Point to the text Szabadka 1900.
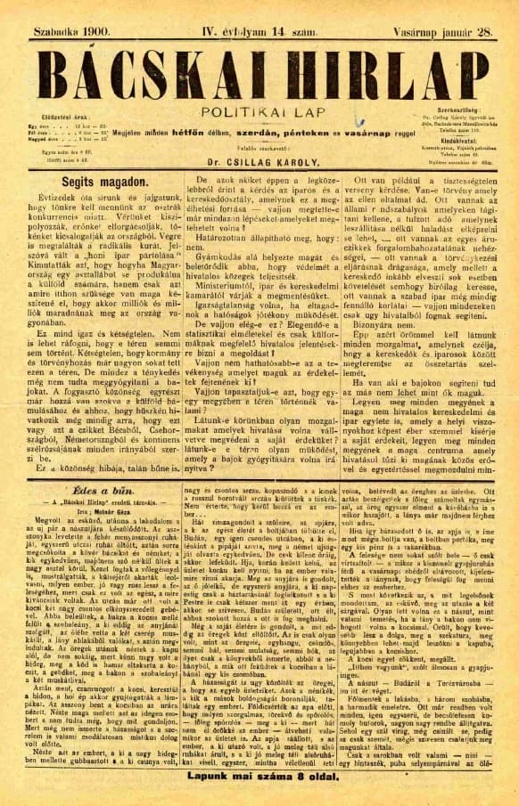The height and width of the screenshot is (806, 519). [x=62, y=11]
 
